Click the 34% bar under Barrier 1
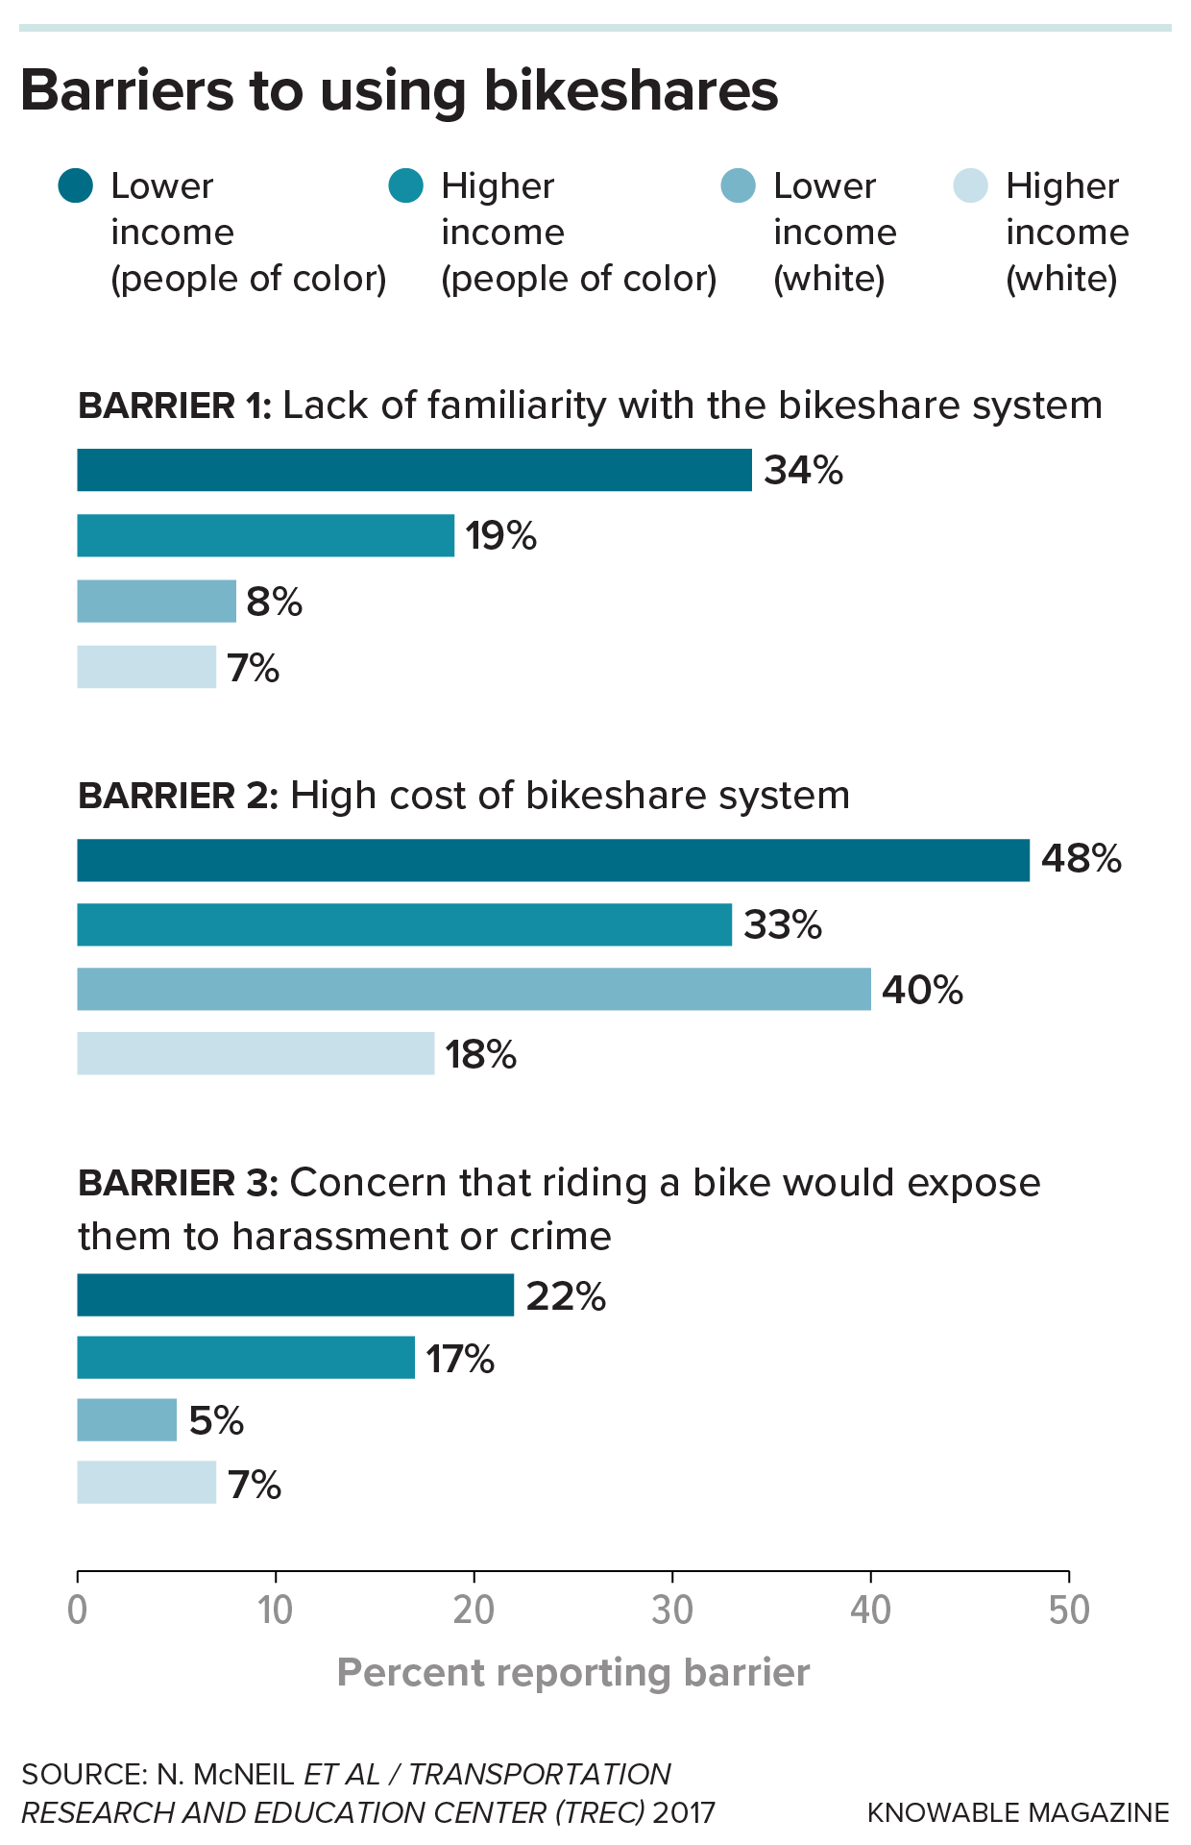point(414,470)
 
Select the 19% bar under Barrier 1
point(265,535)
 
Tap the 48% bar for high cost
point(552,860)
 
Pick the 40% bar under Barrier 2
point(474,989)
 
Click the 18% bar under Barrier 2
point(255,1053)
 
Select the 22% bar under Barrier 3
point(295,1294)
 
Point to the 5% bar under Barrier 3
point(127,1419)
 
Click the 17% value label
point(460,1359)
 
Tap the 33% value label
point(783,924)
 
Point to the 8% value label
point(274,603)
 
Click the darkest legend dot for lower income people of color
point(76,185)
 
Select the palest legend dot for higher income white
point(970,185)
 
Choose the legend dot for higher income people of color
point(406,185)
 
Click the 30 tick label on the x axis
point(672,1611)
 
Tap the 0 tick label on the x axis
point(78,1611)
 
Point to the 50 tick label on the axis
point(1069,1611)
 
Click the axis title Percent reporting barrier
point(573,1673)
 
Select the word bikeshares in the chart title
point(630,91)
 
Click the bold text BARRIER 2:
point(178,797)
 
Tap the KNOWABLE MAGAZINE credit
point(1018,1812)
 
